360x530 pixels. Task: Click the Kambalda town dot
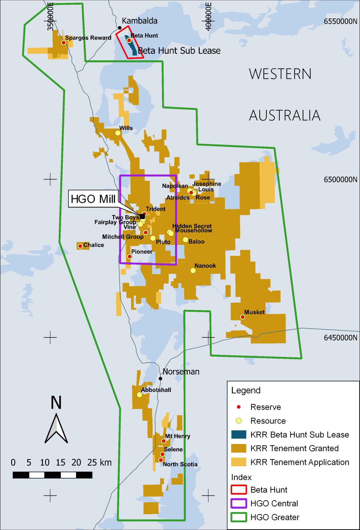(x=119, y=28)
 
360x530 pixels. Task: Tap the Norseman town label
(x=181, y=372)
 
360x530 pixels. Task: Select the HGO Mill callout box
(x=93, y=199)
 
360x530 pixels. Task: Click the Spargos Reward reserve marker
(x=64, y=43)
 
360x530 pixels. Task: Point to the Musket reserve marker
(x=243, y=317)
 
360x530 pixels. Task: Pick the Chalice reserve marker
(x=80, y=246)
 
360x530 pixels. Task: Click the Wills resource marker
(x=118, y=133)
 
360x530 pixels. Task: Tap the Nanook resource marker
(x=193, y=270)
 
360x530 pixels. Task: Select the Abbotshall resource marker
(x=139, y=394)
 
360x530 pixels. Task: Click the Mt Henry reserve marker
(x=163, y=441)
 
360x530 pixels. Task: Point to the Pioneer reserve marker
(x=130, y=256)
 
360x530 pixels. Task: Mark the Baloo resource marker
(x=185, y=240)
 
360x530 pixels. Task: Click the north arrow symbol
(x=56, y=429)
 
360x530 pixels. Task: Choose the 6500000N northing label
(x=340, y=179)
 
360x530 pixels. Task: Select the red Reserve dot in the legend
(x=239, y=407)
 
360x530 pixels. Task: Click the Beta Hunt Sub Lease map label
(x=179, y=50)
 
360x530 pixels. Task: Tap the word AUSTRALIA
(x=284, y=115)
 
